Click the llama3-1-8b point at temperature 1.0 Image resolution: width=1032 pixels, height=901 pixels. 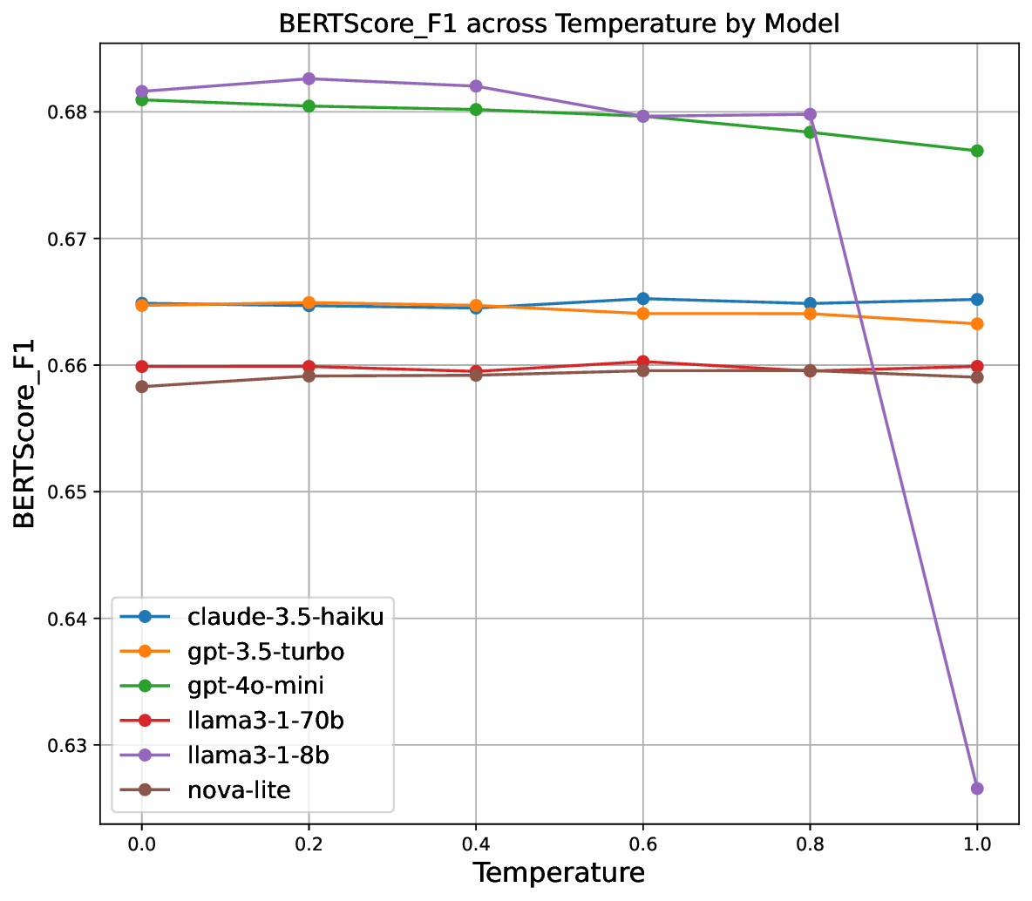click(977, 788)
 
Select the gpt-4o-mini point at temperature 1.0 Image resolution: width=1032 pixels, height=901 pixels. click(977, 151)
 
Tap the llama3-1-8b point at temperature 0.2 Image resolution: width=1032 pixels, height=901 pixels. click(309, 78)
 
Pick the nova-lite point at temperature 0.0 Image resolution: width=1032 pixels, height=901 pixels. click(141, 386)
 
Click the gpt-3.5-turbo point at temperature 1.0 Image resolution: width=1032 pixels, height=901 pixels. click(977, 323)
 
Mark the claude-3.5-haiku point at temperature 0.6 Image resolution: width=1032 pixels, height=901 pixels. click(642, 299)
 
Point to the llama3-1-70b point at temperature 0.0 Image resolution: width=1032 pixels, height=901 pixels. click(141, 366)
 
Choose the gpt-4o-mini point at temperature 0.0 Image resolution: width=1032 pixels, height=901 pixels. click(141, 99)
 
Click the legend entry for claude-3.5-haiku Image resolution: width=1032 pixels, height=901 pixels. click(285, 617)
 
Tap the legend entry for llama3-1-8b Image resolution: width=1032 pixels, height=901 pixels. click(258, 755)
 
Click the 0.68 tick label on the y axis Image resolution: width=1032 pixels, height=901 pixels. click(71, 112)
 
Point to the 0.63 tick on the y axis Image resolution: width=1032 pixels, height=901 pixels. click(71, 745)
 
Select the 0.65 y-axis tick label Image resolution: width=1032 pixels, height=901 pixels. click(71, 492)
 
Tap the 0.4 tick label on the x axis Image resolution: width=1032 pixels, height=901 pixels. click(475, 843)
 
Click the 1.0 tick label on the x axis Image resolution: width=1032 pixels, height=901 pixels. click(977, 843)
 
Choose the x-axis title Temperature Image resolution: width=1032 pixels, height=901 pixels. click(559, 873)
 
